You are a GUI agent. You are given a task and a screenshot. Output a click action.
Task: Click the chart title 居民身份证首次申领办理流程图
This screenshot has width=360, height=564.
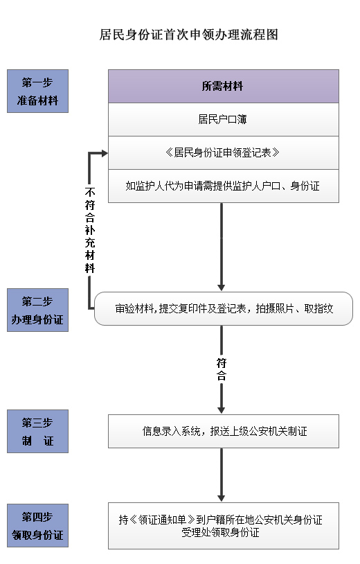(x=188, y=35)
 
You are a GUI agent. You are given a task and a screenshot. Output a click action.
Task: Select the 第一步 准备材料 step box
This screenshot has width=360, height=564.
(x=37, y=91)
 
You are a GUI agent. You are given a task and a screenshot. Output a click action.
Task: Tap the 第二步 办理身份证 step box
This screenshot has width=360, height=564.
(x=37, y=310)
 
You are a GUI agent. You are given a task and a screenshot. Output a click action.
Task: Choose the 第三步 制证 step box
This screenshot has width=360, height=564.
(x=37, y=431)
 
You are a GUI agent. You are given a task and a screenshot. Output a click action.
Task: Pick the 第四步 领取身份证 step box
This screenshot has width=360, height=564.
(x=37, y=525)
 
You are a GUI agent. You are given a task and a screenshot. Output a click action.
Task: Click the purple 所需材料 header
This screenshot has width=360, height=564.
(x=224, y=87)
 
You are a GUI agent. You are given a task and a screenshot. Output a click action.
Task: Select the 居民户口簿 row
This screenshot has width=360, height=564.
(x=224, y=119)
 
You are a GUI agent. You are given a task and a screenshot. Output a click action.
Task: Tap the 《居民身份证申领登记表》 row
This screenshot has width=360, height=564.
(x=224, y=153)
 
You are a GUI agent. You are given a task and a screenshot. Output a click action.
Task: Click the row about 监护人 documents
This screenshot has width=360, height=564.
(x=224, y=186)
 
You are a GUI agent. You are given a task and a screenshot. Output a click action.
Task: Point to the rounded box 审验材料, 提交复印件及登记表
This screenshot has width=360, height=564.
(x=224, y=308)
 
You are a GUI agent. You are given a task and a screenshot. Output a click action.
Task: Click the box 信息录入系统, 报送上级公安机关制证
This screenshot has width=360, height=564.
(x=224, y=431)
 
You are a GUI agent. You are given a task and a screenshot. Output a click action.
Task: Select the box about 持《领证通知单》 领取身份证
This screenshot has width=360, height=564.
(x=224, y=526)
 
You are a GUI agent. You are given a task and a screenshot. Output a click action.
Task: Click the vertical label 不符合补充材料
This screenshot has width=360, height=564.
(x=90, y=230)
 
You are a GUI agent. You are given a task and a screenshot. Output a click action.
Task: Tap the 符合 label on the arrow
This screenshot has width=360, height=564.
(x=222, y=369)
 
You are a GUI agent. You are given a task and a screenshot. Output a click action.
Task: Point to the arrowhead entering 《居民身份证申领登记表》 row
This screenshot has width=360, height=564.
(x=105, y=153)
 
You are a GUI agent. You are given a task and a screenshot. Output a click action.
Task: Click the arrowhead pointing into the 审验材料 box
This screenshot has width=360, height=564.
(x=222, y=288)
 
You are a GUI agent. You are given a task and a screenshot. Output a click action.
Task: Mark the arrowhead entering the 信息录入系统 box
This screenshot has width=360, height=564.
(x=222, y=410)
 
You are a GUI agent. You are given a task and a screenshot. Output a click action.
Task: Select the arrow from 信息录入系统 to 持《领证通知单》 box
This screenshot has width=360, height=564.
(x=222, y=475)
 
